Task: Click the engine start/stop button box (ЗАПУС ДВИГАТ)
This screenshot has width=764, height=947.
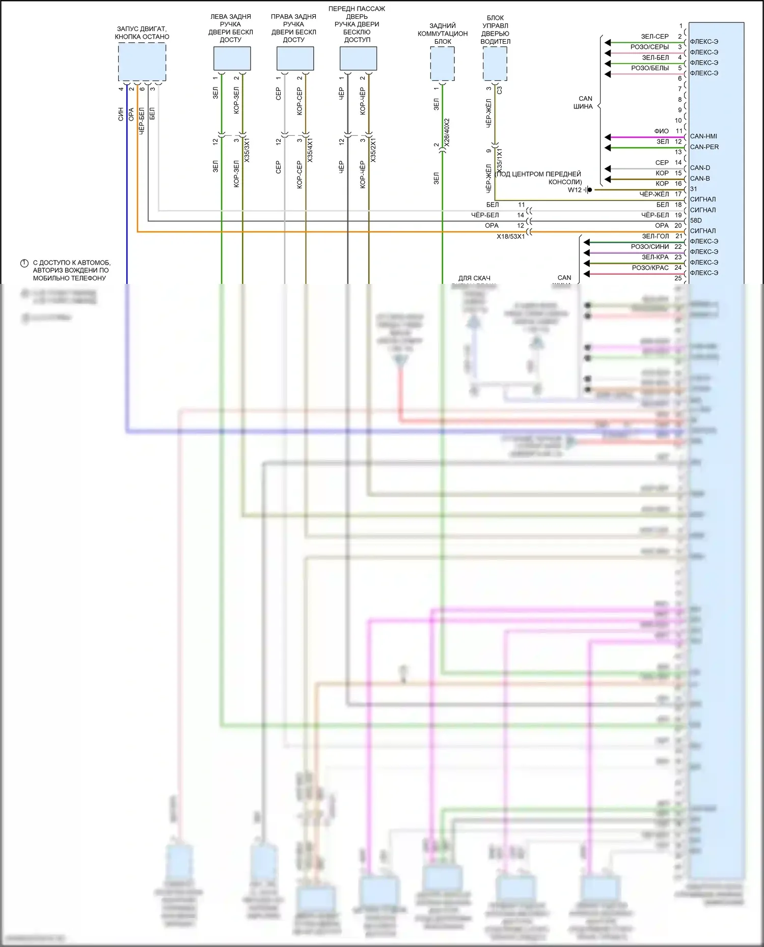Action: click(142, 62)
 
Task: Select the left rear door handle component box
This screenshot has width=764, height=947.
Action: click(232, 59)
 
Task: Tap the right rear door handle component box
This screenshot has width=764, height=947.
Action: click(295, 59)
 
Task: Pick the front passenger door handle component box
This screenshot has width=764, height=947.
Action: click(358, 59)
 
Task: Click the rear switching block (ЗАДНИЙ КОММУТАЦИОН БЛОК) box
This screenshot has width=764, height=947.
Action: click(442, 64)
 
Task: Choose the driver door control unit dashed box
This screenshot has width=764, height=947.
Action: click(495, 64)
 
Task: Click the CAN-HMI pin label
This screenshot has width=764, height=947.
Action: click(703, 136)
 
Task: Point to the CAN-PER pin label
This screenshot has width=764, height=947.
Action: click(704, 147)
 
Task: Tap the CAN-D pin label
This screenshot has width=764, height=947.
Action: click(700, 168)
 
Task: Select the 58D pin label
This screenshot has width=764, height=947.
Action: click(696, 220)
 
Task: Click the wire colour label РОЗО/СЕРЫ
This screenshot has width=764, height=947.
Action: click(649, 47)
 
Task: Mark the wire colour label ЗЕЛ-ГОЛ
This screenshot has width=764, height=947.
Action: click(655, 236)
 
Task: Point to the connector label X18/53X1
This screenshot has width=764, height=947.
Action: click(510, 237)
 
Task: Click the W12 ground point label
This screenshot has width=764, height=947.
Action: click(575, 190)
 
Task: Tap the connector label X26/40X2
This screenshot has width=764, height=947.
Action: click(447, 133)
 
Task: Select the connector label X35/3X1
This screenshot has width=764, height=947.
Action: click(247, 150)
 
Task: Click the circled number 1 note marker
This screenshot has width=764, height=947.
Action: click(24, 263)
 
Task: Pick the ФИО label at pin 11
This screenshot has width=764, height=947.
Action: click(661, 131)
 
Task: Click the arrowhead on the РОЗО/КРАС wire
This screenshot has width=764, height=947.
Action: click(587, 274)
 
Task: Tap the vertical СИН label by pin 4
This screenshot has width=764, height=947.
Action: click(121, 114)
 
